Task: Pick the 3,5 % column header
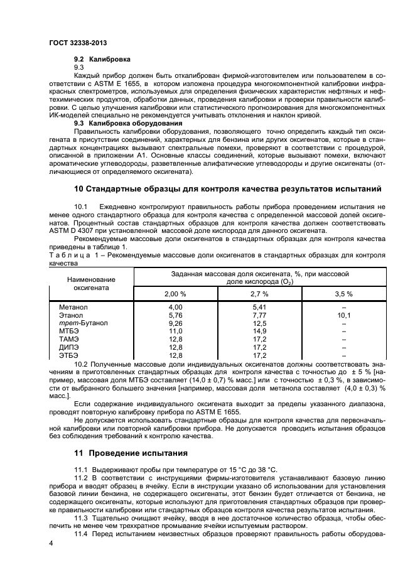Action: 344,294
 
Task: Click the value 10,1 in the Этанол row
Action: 344,315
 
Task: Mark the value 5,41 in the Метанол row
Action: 259,306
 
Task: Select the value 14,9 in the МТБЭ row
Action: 259,331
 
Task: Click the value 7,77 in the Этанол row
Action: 259,315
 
